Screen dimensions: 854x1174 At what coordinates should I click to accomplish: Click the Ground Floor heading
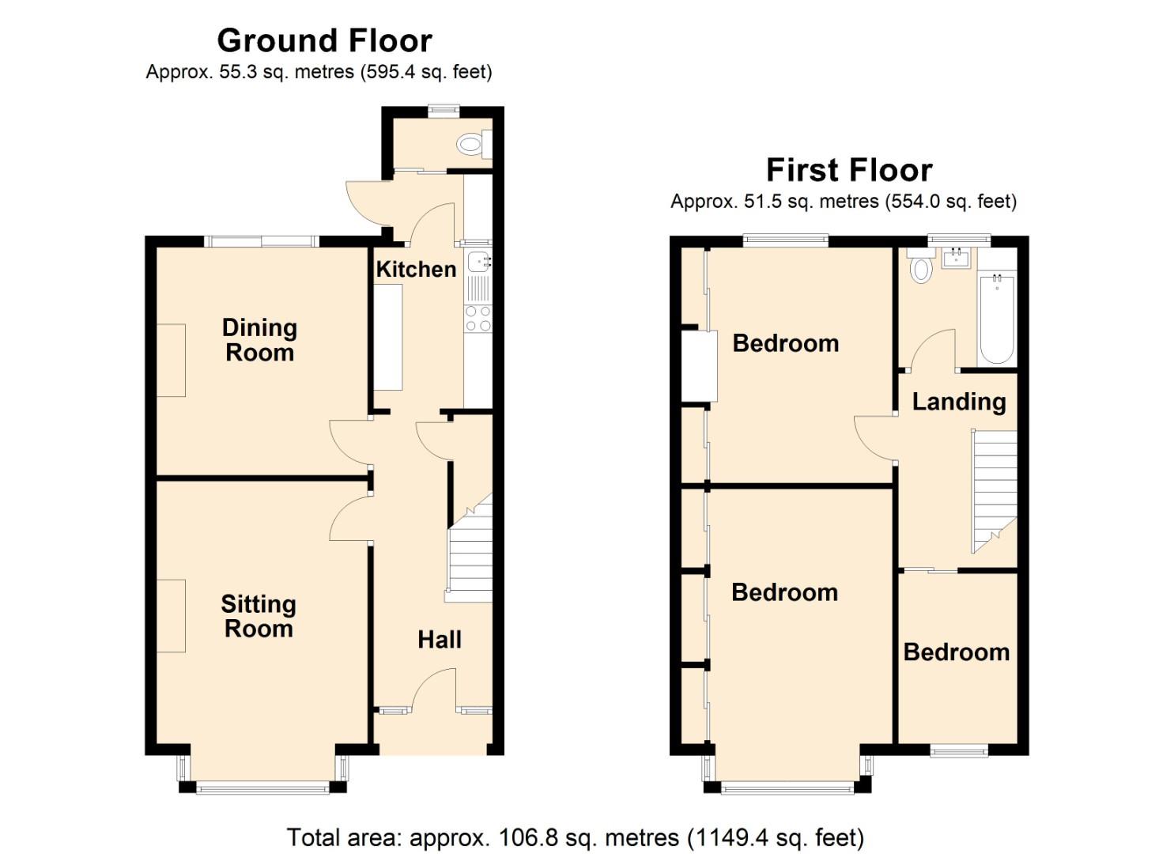pyautogui.click(x=324, y=40)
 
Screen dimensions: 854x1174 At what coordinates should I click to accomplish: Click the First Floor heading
pyautogui.click(x=848, y=170)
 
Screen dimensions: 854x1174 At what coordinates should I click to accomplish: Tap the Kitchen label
pyautogui.click(x=416, y=270)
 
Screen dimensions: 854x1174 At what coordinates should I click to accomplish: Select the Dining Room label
pyautogui.click(x=259, y=340)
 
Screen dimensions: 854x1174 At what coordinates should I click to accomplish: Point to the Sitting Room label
pyautogui.click(x=259, y=616)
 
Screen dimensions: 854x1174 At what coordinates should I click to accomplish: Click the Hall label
pyautogui.click(x=439, y=640)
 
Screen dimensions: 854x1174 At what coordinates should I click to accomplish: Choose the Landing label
pyautogui.click(x=958, y=402)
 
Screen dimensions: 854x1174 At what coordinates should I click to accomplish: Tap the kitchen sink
pyautogui.click(x=478, y=263)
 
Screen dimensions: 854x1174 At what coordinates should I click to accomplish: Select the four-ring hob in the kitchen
pyautogui.click(x=478, y=318)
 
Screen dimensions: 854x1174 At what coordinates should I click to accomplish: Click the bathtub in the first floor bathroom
pyautogui.click(x=996, y=318)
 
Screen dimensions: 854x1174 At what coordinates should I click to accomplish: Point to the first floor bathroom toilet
pyautogui.click(x=920, y=266)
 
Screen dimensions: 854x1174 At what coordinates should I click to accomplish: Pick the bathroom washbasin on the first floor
pyautogui.click(x=957, y=257)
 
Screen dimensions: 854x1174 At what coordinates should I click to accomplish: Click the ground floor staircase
pyautogui.click(x=470, y=554)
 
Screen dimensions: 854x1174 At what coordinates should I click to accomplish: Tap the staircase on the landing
pyautogui.click(x=994, y=490)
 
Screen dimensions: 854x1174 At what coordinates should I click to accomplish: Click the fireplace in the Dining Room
pyautogui.click(x=171, y=360)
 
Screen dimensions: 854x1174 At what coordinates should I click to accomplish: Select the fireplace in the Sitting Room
pyautogui.click(x=171, y=615)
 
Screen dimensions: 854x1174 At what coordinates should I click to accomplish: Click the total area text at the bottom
pyautogui.click(x=575, y=837)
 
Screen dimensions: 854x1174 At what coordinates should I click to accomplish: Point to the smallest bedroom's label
pyautogui.click(x=956, y=652)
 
